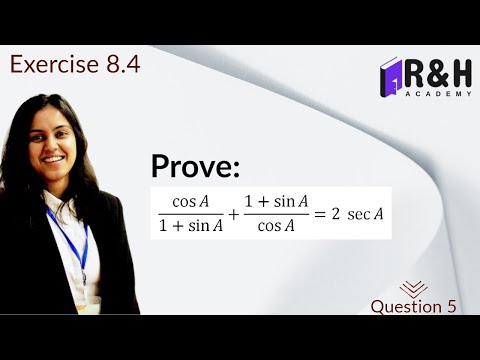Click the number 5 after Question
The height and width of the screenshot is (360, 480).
pos(451,306)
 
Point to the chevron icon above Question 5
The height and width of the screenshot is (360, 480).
pos(413,286)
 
